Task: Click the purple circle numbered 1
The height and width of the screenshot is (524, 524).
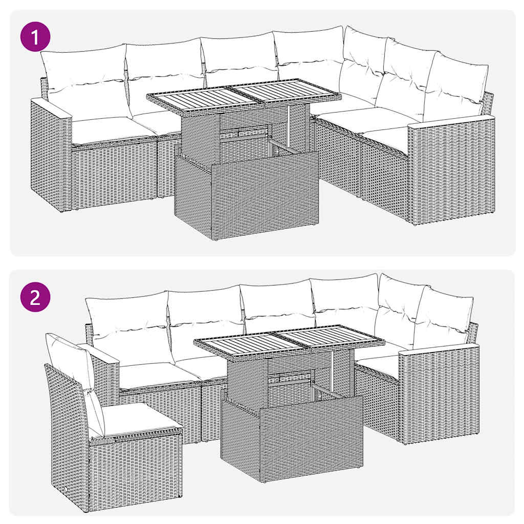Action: [35, 39]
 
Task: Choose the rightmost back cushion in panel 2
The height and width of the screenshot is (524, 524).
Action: [443, 317]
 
